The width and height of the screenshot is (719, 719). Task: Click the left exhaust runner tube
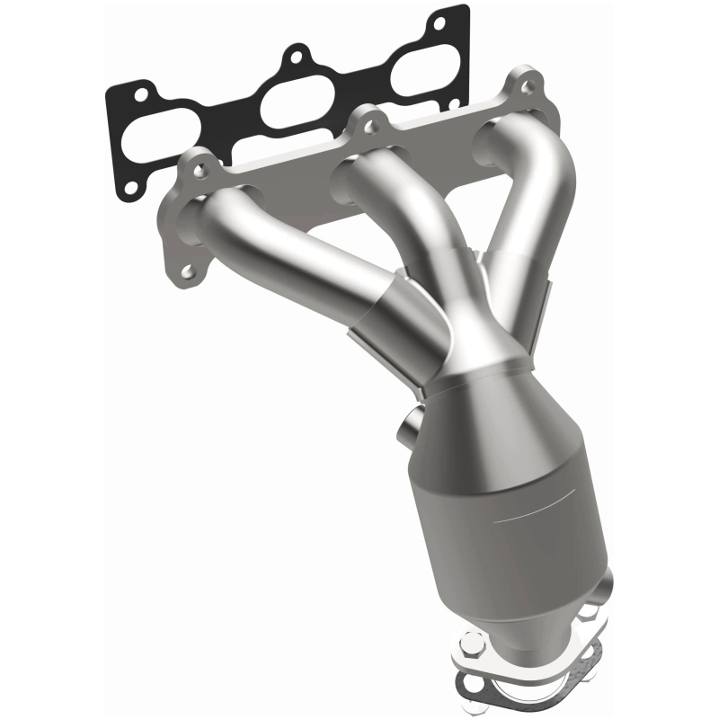coord(297,261)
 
